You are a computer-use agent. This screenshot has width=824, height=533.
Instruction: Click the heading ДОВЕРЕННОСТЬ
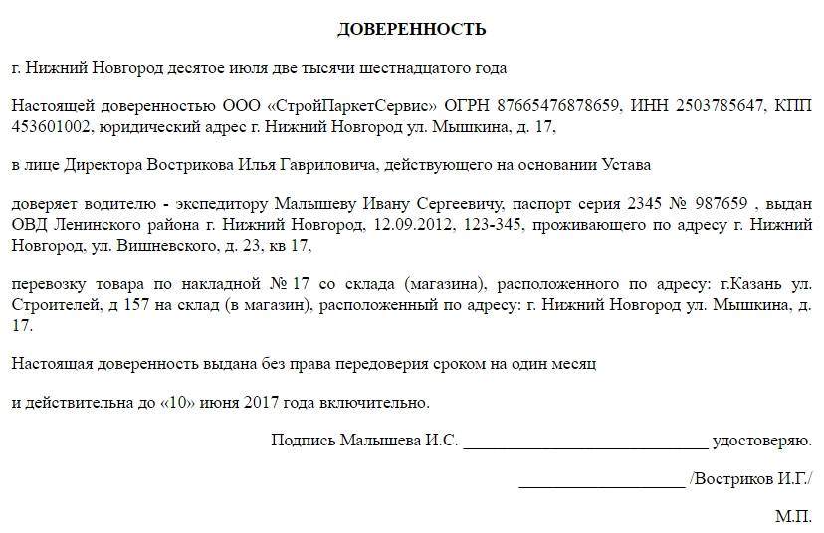[411, 29]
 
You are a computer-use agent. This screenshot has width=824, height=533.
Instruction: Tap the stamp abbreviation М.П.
[793, 517]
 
